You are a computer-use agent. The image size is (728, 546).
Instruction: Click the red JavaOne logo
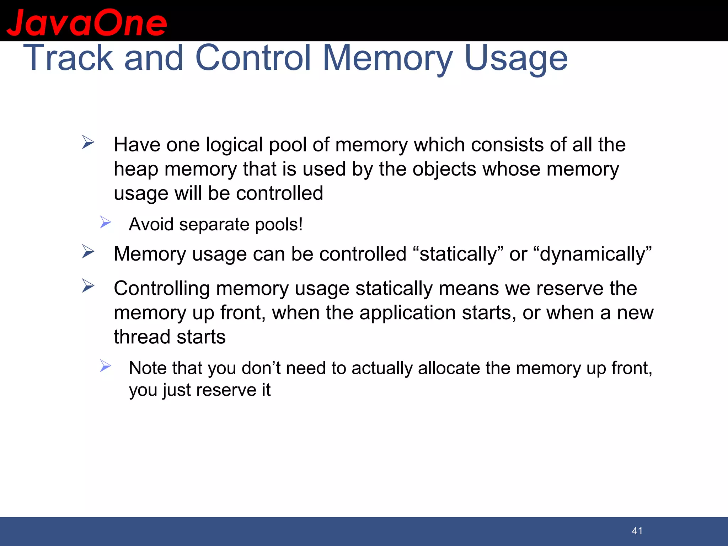point(87,23)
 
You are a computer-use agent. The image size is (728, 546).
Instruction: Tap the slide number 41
point(637,531)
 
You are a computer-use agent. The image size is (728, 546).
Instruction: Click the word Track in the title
point(68,58)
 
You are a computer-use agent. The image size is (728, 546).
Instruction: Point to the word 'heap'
point(136,169)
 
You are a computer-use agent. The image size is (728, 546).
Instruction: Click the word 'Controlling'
point(162,289)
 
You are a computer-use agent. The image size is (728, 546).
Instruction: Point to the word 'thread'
point(142,337)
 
